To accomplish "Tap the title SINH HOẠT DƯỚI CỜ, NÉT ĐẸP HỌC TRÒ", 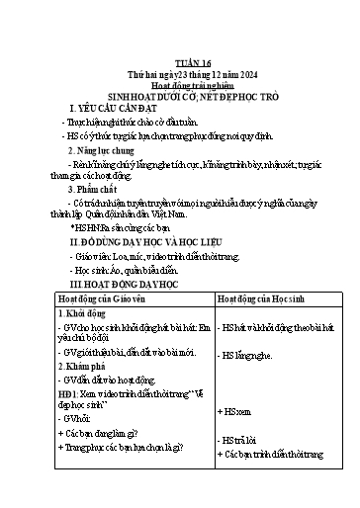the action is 179,96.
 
